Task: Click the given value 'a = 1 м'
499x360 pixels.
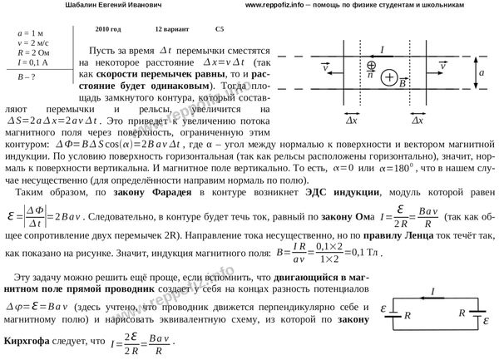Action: tap(32, 31)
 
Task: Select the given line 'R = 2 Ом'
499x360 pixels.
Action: tap(34, 50)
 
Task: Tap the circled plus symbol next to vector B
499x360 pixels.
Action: tap(389, 79)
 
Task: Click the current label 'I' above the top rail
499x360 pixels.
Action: tap(380, 49)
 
